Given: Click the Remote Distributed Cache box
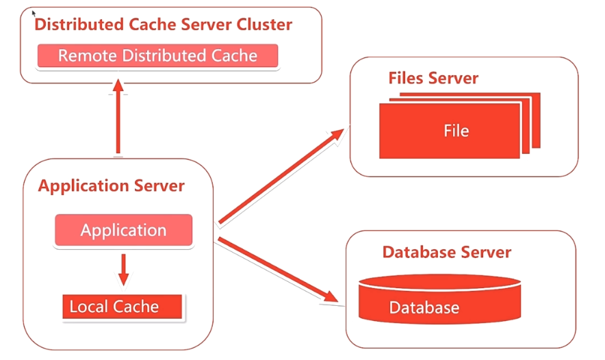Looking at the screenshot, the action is [157, 55].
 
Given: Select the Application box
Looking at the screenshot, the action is [123, 230].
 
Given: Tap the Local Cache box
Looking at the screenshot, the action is [122, 307].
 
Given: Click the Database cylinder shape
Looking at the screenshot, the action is [440, 298].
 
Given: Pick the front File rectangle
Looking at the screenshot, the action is [450, 131].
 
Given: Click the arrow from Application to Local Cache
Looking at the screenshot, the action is [123, 270].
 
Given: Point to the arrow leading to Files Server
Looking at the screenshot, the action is [281, 177].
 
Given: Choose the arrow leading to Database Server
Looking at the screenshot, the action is [278, 270].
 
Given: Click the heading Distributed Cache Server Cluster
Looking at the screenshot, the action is [163, 25].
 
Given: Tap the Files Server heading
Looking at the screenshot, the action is [433, 78].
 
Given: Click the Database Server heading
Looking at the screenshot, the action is [447, 253].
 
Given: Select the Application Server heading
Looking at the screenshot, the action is [111, 186].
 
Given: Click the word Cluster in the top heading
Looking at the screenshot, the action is [264, 25].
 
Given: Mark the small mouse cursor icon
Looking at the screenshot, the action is [34, 14].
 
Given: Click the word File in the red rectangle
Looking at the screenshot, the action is [456, 131].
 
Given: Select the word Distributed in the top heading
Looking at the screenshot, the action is [79, 25].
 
